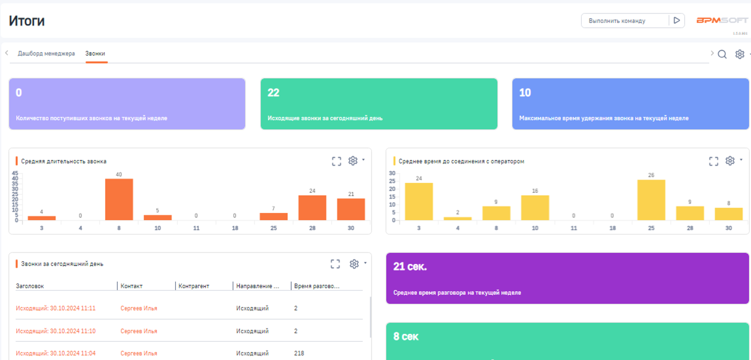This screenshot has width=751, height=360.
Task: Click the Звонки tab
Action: (95, 53)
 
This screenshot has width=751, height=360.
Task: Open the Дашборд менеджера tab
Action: (46, 53)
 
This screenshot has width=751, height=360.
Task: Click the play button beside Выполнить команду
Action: (676, 20)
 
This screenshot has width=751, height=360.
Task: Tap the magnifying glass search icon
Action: (722, 54)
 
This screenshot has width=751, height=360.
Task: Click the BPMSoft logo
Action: (722, 20)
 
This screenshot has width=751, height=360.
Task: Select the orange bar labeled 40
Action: (119, 199)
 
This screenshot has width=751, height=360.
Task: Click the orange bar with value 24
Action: (312, 208)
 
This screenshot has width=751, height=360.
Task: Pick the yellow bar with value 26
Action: (651, 200)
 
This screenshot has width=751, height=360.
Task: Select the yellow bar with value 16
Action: (535, 208)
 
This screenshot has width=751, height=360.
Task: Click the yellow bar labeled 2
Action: (457, 218)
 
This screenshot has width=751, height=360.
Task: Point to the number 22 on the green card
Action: (273, 93)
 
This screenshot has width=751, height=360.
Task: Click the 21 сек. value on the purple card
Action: (410, 267)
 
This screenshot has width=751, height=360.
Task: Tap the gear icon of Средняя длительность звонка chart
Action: (353, 161)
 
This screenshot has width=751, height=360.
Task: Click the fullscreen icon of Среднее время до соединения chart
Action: (713, 161)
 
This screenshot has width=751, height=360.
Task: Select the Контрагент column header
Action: (194, 286)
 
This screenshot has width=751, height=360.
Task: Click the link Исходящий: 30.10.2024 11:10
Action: (56, 331)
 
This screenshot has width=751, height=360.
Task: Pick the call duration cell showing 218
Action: (299, 353)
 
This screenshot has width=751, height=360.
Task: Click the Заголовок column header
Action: (30, 286)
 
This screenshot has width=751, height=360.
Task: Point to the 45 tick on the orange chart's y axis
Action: (15, 173)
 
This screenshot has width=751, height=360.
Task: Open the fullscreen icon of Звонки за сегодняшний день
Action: (335, 264)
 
